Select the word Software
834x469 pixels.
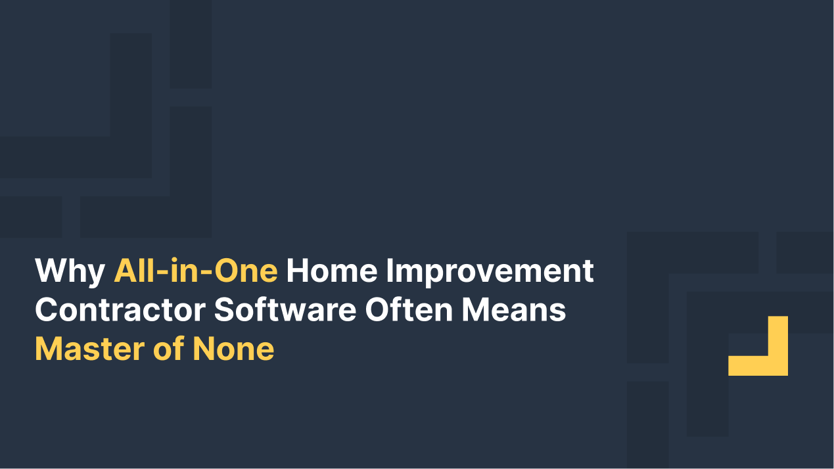(x=285, y=310)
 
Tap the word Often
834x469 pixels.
(x=409, y=310)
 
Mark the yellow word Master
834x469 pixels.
(x=89, y=349)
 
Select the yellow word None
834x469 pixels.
(x=233, y=349)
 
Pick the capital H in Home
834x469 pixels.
(x=296, y=271)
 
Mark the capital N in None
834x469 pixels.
(x=204, y=349)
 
